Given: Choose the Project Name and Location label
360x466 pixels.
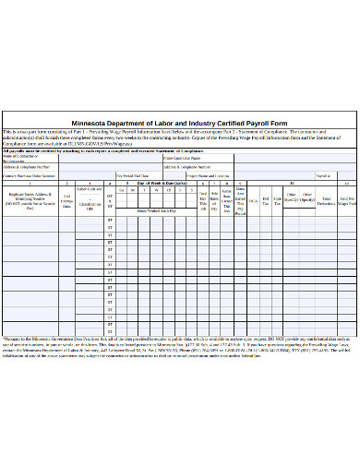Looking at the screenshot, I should (208, 174).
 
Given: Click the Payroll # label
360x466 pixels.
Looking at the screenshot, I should (323, 174).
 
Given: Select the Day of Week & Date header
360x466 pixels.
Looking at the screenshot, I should (162, 183).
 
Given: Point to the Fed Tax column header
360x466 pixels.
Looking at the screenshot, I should (266, 199).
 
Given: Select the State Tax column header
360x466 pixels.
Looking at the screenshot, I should (278, 199).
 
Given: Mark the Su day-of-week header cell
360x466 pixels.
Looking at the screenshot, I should (122, 189).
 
